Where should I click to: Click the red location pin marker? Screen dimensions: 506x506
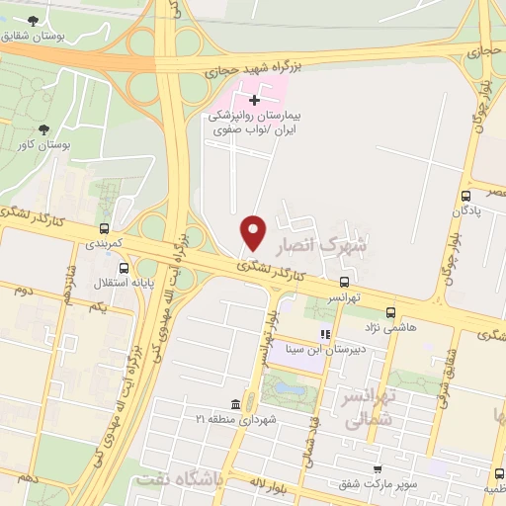(x=254, y=232)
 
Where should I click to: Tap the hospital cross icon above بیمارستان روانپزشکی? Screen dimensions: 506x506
(x=255, y=100)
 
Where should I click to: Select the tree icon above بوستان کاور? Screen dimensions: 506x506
(x=43, y=129)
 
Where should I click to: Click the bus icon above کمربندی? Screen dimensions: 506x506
(x=102, y=224)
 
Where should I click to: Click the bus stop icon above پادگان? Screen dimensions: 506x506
(x=465, y=196)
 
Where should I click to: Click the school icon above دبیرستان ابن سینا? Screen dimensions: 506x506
(x=325, y=335)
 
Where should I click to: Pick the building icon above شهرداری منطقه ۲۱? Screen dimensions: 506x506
(x=234, y=405)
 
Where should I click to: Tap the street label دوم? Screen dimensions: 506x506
(x=24, y=292)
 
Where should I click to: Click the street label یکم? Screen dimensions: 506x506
(x=97, y=308)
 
